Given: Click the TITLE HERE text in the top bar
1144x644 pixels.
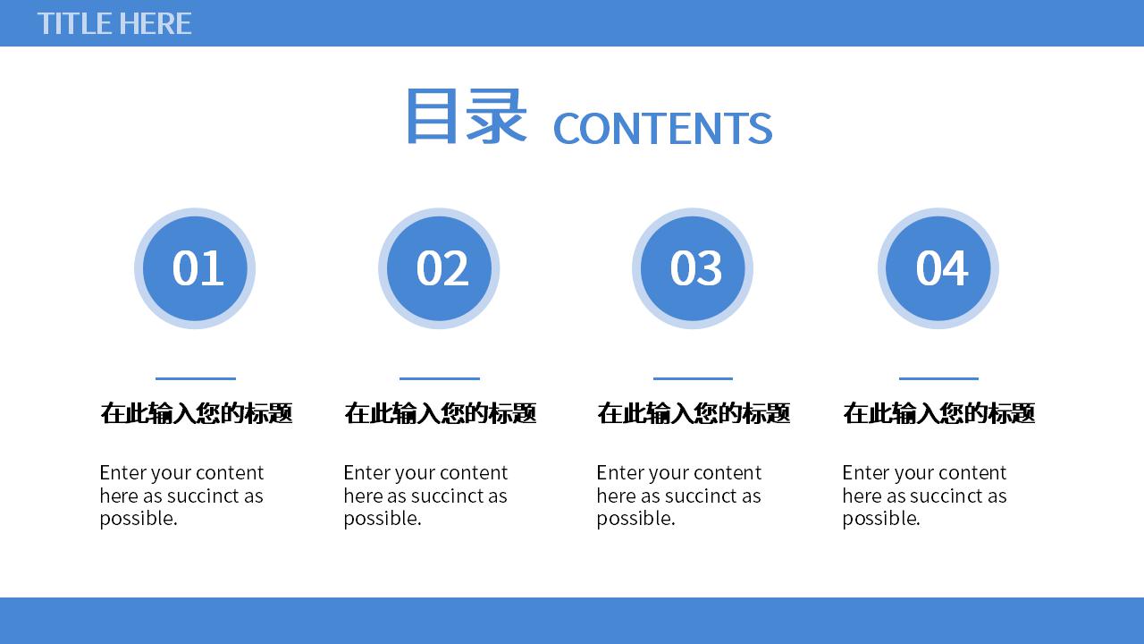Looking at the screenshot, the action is click(x=114, y=23).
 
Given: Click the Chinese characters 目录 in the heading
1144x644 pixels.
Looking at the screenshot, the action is click(x=467, y=116).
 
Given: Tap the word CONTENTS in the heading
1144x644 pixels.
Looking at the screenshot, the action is click(x=663, y=128).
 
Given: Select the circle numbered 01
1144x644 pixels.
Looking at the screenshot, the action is click(x=195, y=268).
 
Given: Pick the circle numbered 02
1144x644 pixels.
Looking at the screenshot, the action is click(x=439, y=268).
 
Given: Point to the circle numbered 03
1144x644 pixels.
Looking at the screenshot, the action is click(x=693, y=268).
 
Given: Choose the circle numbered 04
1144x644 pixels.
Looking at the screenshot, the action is click(x=938, y=268).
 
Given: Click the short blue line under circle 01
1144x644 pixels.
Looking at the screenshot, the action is click(x=196, y=378).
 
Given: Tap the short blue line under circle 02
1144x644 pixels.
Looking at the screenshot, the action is click(x=440, y=378).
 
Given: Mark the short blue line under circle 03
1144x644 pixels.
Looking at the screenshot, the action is click(x=693, y=378).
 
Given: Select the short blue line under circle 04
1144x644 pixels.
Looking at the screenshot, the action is click(x=938, y=378).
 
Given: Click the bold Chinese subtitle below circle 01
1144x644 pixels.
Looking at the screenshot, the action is click(x=196, y=413).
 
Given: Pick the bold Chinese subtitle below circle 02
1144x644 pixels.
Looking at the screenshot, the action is click(x=441, y=413).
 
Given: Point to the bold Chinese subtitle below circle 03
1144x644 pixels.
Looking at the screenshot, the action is click(x=694, y=413).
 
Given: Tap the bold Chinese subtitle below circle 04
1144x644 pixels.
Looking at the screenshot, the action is click(x=939, y=413).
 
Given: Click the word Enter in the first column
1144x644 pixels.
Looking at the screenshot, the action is click(x=121, y=473).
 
